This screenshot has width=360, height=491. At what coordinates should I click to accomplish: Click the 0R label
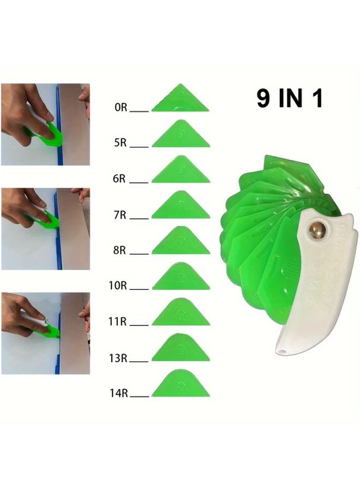121,108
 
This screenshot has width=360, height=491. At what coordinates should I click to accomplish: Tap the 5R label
121,144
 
